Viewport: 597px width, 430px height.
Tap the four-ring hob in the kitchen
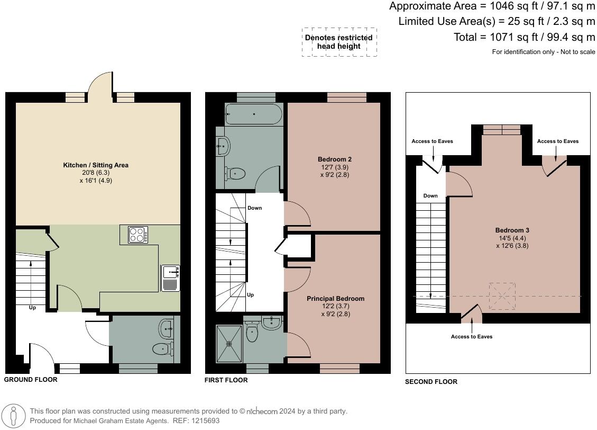pos(137,235)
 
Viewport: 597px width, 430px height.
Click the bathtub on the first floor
pos(254,114)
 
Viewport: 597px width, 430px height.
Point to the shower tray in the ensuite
pos(229,344)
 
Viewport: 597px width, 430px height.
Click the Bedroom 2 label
pos(335,159)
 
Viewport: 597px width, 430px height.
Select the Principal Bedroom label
pos(335,299)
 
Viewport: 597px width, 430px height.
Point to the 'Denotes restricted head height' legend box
pos(339,42)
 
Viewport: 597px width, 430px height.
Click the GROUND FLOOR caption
pos(31,380)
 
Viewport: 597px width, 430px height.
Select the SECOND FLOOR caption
pos(431,381)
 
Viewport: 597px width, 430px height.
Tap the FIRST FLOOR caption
pos(226,380)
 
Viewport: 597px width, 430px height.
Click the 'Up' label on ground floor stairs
pos(32,307)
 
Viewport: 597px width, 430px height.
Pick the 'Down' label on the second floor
pos(430,195)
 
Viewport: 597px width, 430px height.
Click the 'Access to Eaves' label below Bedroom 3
pos(472,336)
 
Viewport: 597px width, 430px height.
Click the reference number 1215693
pos(203,421)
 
